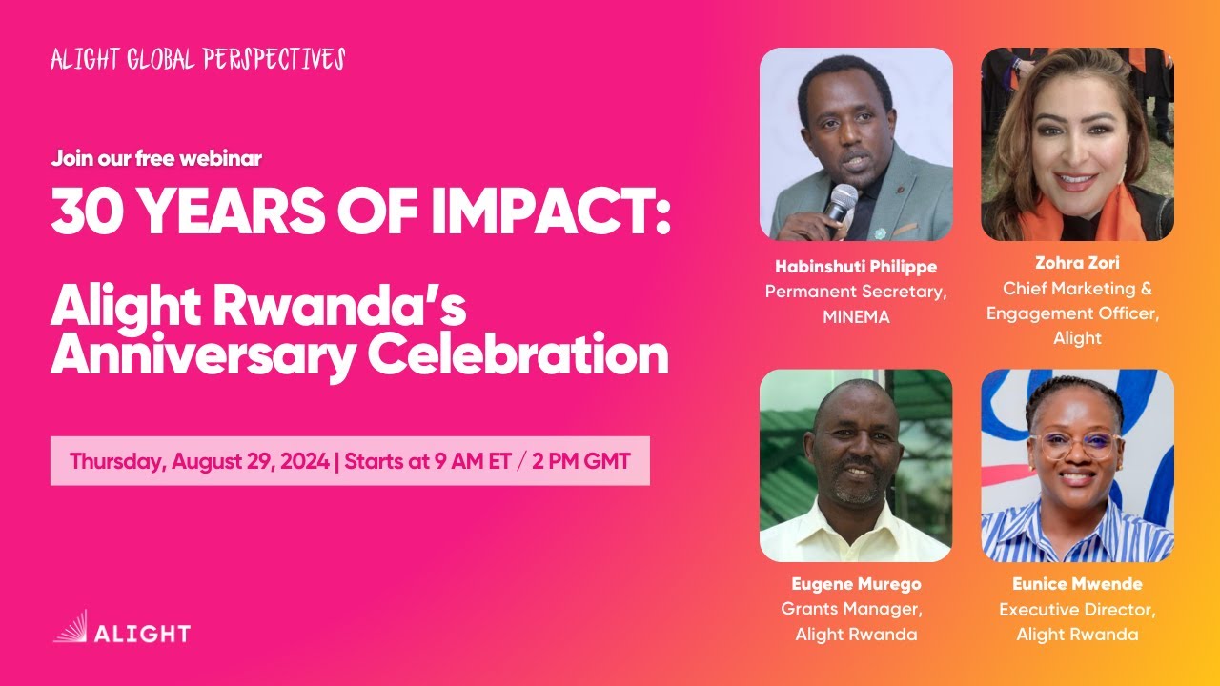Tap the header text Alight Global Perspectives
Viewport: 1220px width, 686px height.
[x=197, y=60]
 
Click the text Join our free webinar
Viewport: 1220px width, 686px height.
[x=156, y=159]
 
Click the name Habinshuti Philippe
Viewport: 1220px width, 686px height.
[x=856, y=266]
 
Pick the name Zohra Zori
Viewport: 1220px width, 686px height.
[x=1077, y=264]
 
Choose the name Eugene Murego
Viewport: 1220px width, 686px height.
[x=856, y=584]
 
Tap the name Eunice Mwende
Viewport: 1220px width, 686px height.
[x=1077, y=584]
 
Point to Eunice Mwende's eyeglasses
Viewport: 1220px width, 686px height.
[x=1076, y=445]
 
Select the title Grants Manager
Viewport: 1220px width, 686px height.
[x=851, y=609]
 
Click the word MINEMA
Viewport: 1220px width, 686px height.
[x=856, y=317]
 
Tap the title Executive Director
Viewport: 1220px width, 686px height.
[x=1077, y=609]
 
